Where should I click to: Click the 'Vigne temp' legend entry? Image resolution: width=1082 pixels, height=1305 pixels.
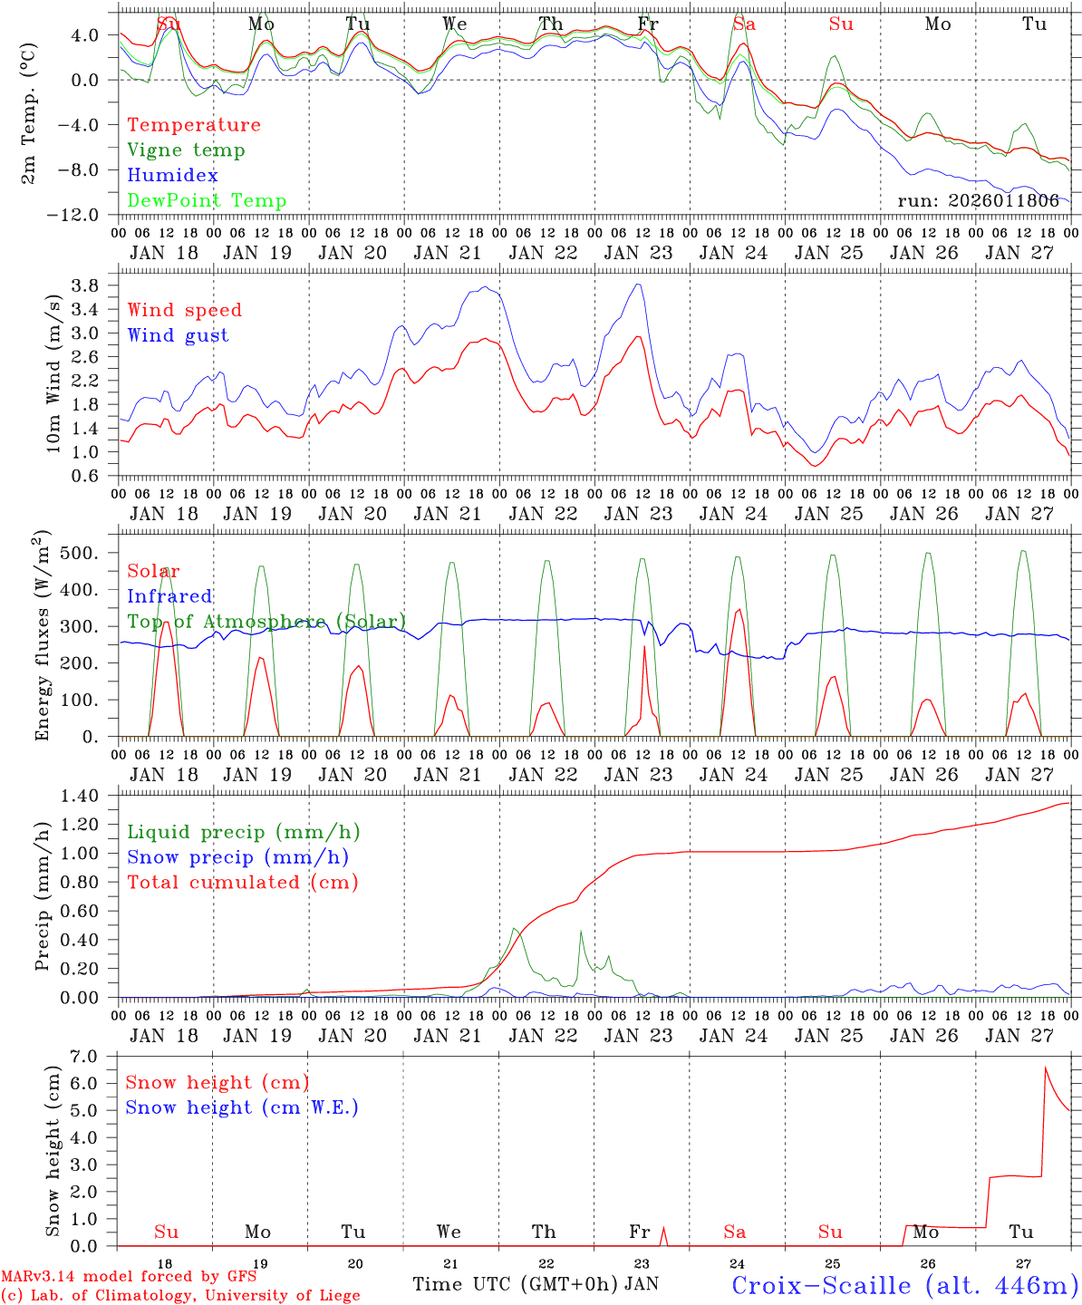point(186,150)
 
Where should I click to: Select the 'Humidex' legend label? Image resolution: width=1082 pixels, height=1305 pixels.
point(172,176)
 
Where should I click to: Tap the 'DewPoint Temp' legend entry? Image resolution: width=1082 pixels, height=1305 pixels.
point(207,201)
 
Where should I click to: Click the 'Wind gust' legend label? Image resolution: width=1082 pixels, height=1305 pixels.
point(178,335)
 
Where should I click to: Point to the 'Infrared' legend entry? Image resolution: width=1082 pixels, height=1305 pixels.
point(169,596)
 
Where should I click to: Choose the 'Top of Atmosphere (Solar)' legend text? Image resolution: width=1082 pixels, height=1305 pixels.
point(266,622)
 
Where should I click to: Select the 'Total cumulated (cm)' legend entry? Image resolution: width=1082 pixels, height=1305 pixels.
point(242,883)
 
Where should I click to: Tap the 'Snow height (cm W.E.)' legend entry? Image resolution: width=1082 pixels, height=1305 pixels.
point(241,1107)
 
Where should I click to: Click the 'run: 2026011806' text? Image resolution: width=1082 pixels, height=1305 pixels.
point(978,201)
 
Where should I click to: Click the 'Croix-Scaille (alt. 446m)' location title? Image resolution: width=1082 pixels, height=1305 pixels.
point(903,1284)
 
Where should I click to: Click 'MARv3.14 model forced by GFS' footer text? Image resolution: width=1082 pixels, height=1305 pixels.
point(128,1277)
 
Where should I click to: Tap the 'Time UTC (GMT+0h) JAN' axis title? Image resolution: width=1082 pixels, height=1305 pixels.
point(535,1284)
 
